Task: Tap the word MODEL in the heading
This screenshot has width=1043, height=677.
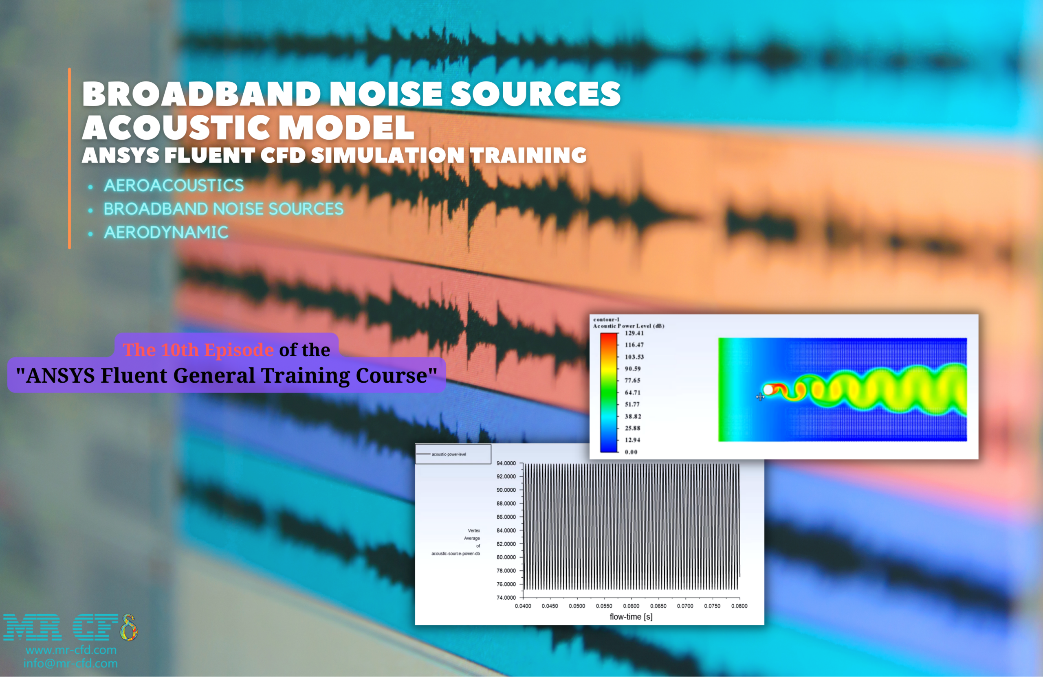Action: [x=346, y=127]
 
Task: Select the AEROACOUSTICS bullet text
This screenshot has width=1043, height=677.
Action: [x=174, y=186]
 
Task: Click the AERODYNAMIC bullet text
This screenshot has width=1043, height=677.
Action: [x=166, y=232]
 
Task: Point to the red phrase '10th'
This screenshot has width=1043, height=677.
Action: [x=180, y=350]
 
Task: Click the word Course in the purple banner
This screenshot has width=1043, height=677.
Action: [x=392, y=376]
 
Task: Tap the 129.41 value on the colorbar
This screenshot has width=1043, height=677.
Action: [x=634, y=333]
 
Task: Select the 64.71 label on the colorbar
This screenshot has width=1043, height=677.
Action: [x=632, y=393]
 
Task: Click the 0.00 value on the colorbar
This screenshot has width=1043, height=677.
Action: [x=631, y=452]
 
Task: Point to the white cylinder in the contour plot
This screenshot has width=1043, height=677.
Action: [x=768, y=389]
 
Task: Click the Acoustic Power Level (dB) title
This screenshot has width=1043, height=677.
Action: [x=628, y=326]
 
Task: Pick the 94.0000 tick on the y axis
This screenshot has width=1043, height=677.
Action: [x=506, y=463]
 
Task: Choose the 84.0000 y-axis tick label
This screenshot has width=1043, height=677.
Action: [x=506, y=531]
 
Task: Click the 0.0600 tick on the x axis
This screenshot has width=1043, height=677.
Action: [x=631, y=606]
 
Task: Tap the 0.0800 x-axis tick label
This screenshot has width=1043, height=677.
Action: [x=739, y=606]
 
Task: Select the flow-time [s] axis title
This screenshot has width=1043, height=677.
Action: [x=631, y=617]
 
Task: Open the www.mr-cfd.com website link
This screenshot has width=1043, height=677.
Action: [x=71, y=650]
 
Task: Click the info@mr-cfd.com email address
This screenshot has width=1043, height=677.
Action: [x=70, y=664]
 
